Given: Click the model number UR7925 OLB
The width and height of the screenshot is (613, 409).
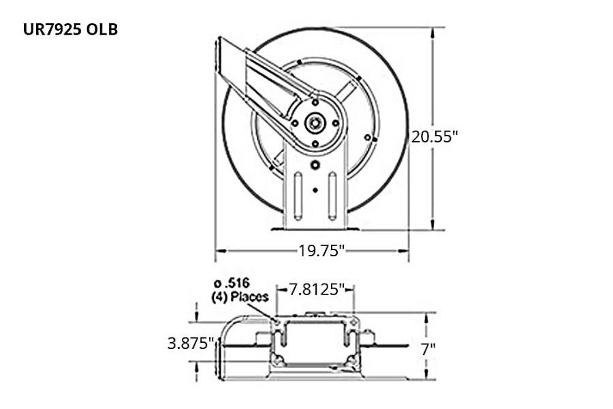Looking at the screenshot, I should [x=71, y=31].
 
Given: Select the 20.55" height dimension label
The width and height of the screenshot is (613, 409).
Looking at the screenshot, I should [x=434, y=136].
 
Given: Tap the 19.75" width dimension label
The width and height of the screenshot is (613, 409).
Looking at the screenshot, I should [x=322, y=250].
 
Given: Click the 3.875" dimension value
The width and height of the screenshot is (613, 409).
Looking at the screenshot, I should [x=191, y=343].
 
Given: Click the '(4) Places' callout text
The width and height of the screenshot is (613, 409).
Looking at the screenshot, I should [x=240, y=297].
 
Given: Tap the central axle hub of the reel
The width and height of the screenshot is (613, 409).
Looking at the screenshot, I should [x=315, y=123].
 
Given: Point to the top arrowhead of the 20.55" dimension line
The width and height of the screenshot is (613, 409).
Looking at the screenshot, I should [x=433, y=31].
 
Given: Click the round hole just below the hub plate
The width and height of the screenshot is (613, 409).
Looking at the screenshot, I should [x=315, y=165].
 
